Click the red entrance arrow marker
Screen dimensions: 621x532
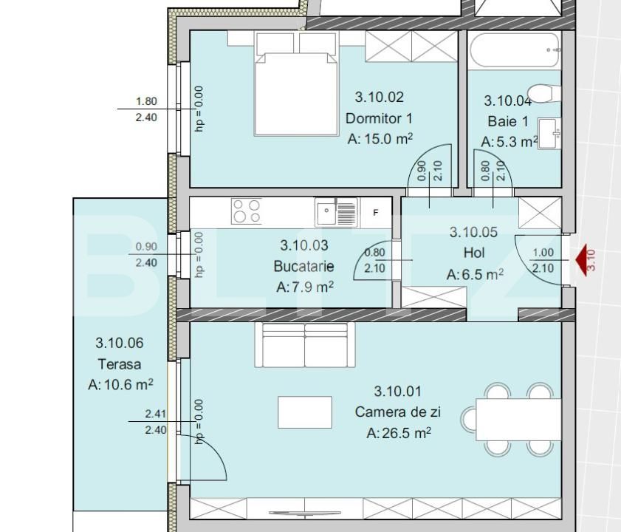581,260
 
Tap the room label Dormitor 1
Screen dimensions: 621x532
379,118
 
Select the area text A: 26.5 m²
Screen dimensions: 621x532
399,433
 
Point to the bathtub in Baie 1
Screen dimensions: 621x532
515,50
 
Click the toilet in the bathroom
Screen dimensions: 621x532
541,93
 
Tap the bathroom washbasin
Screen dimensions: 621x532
549,134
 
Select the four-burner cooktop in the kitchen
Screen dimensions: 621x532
247,211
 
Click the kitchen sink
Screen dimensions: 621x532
337,213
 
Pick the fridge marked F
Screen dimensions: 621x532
375,213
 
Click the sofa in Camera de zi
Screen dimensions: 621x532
304,346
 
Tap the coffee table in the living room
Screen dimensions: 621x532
304,412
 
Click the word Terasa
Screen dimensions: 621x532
119,364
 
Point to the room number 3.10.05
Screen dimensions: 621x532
473,232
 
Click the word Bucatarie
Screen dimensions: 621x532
303,266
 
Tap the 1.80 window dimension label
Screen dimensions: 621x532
146,101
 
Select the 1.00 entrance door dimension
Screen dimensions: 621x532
543,252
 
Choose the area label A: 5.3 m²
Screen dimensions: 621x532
510,142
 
